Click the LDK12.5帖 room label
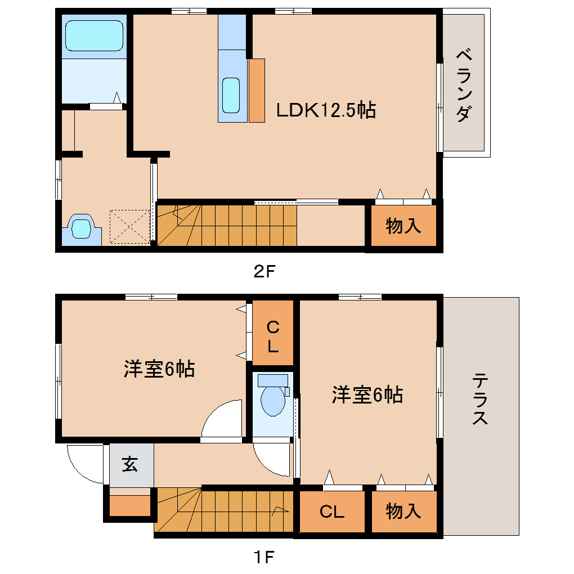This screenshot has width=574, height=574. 326,110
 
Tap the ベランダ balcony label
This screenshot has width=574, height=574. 464,86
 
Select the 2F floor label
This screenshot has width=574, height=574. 264,271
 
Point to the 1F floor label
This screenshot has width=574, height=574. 264,557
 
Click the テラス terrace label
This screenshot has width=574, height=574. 480,398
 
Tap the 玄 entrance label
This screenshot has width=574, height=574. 129,464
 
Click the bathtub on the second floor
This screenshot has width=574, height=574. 94,35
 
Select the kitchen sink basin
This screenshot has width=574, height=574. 231,95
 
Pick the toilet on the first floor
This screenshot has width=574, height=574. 273,394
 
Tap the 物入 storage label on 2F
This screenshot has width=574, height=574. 403,226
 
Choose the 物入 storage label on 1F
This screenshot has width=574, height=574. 403,511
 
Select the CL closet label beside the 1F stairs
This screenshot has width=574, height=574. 332,512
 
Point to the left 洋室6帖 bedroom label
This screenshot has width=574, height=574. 159,369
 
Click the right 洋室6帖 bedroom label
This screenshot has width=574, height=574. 367,395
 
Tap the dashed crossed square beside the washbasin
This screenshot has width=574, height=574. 130,227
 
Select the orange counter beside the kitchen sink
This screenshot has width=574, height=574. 257,91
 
